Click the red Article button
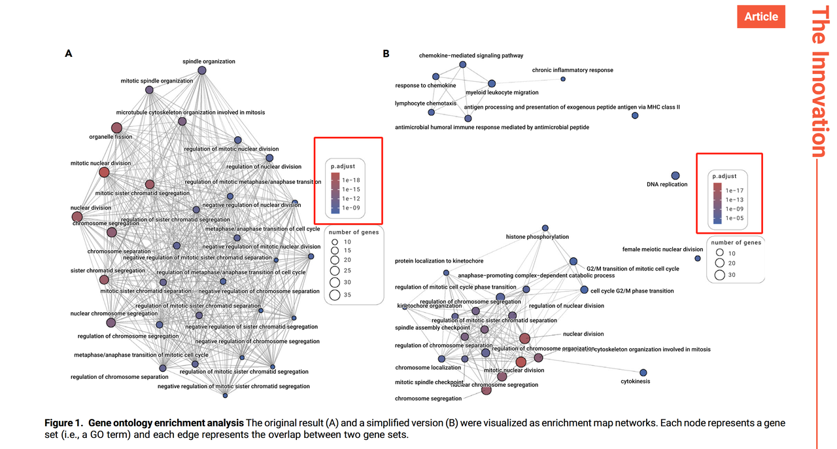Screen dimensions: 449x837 pyautogui.click(x=760, y=16)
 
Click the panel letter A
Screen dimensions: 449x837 pyautogui.click(x=68, y=54)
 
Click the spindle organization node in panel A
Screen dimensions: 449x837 pyautogui.click(x=202, y=70)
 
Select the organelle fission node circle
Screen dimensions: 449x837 pyautogui.click(x=116, y=128)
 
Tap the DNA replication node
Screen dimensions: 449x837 pyautogui.click(x=675, y=175)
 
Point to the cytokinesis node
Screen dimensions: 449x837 pyautogui.click(x=643, y=372)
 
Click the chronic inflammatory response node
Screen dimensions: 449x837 pyautogui.click(x=563, y=79)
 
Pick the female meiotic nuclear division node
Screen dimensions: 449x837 pyautogui.click(x=698, y=259)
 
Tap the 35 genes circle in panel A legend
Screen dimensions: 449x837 pyautogui.click(x=335, y=295)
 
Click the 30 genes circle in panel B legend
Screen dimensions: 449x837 pyautogui.click(x=720, y=275)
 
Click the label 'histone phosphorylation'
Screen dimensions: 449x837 pyautogui.click(x=538, y=237)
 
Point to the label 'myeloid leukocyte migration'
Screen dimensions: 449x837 pyautogui.click(x=502, y=93)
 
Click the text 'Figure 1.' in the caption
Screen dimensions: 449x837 pyautogui.click(x=64, y=423)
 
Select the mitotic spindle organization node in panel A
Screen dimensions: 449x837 pyautogui.click(x=149, y=90)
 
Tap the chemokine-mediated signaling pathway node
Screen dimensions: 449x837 pyautogui.click(x=463, y=65)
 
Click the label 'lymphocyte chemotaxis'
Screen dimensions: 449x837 pyautogui.click(x=426, y=103)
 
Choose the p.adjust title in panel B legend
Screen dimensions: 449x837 pyautogui.click(x=725, y=176)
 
